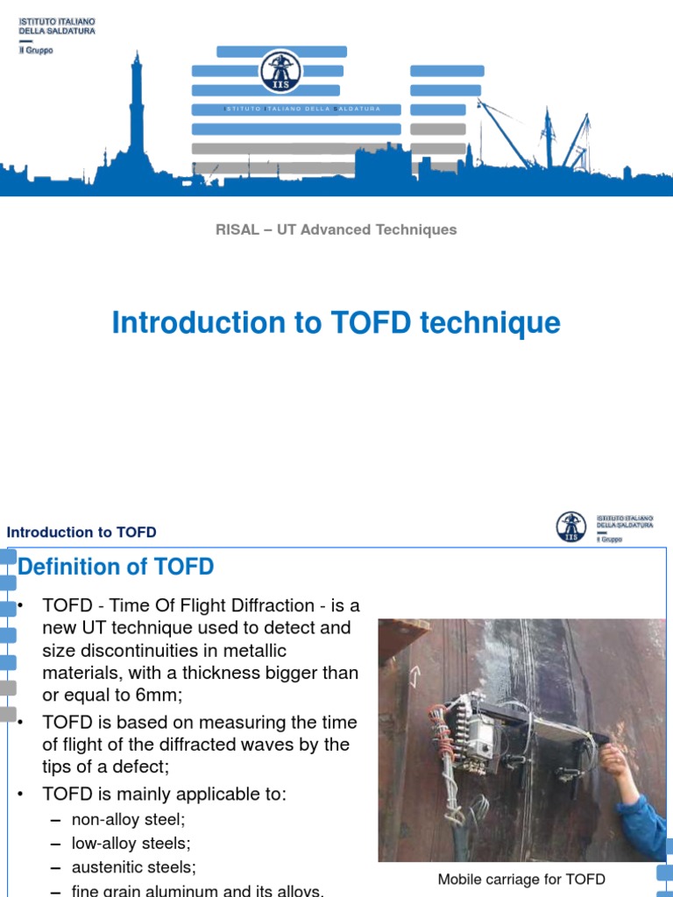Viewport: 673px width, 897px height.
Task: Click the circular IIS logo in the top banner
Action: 280,72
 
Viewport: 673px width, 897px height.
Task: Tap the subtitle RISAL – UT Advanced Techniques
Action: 336,230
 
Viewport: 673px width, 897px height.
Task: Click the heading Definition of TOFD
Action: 116,567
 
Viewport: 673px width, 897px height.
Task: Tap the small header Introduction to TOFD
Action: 81,533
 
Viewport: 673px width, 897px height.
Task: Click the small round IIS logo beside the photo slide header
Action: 571,526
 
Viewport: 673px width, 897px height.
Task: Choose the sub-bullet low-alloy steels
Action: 131,844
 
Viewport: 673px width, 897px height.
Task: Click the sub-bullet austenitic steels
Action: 134,867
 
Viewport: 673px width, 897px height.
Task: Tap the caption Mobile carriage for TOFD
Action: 521,879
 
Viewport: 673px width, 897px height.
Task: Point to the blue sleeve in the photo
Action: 644,823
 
